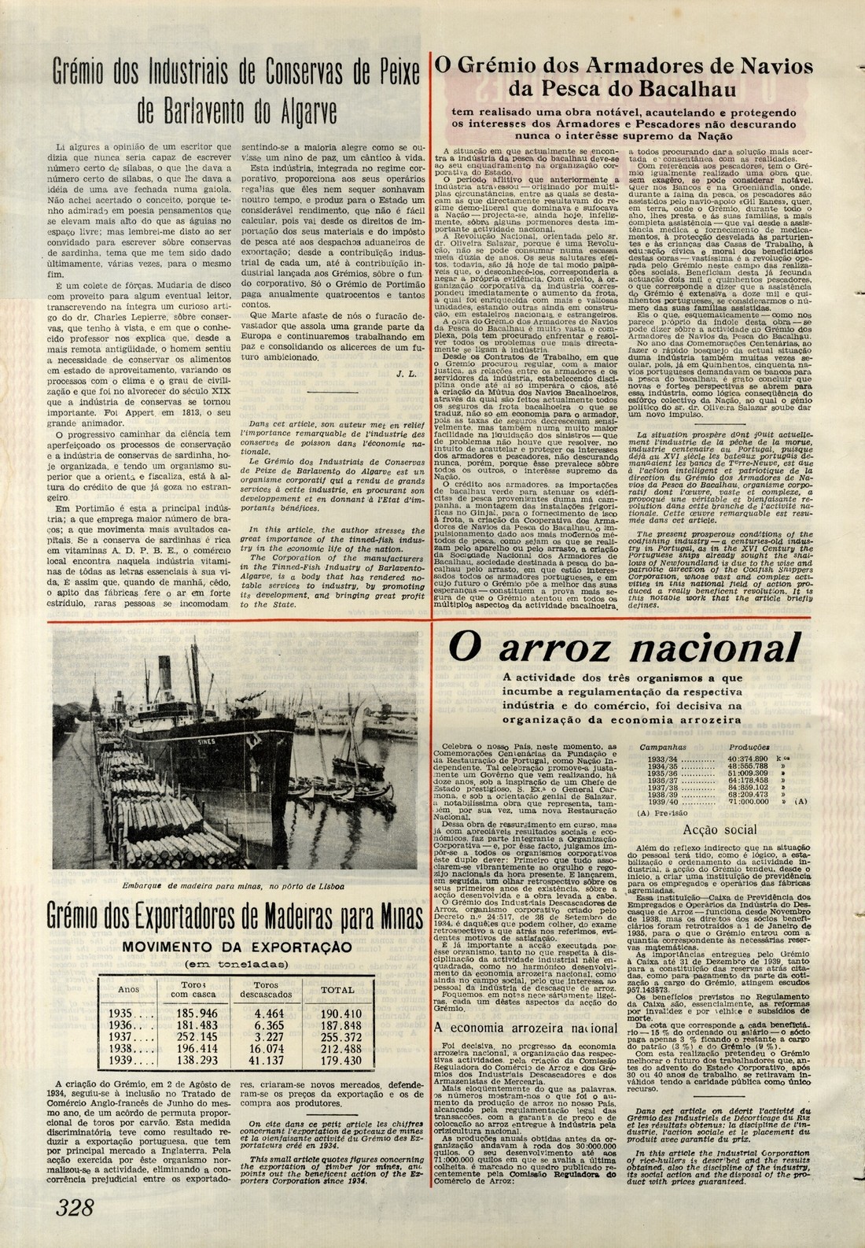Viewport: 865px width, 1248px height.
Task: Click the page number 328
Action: (x=75, y=1207)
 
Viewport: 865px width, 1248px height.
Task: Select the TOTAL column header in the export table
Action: (x=338, y=989)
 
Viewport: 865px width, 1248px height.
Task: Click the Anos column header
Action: (x=128, y=989)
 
